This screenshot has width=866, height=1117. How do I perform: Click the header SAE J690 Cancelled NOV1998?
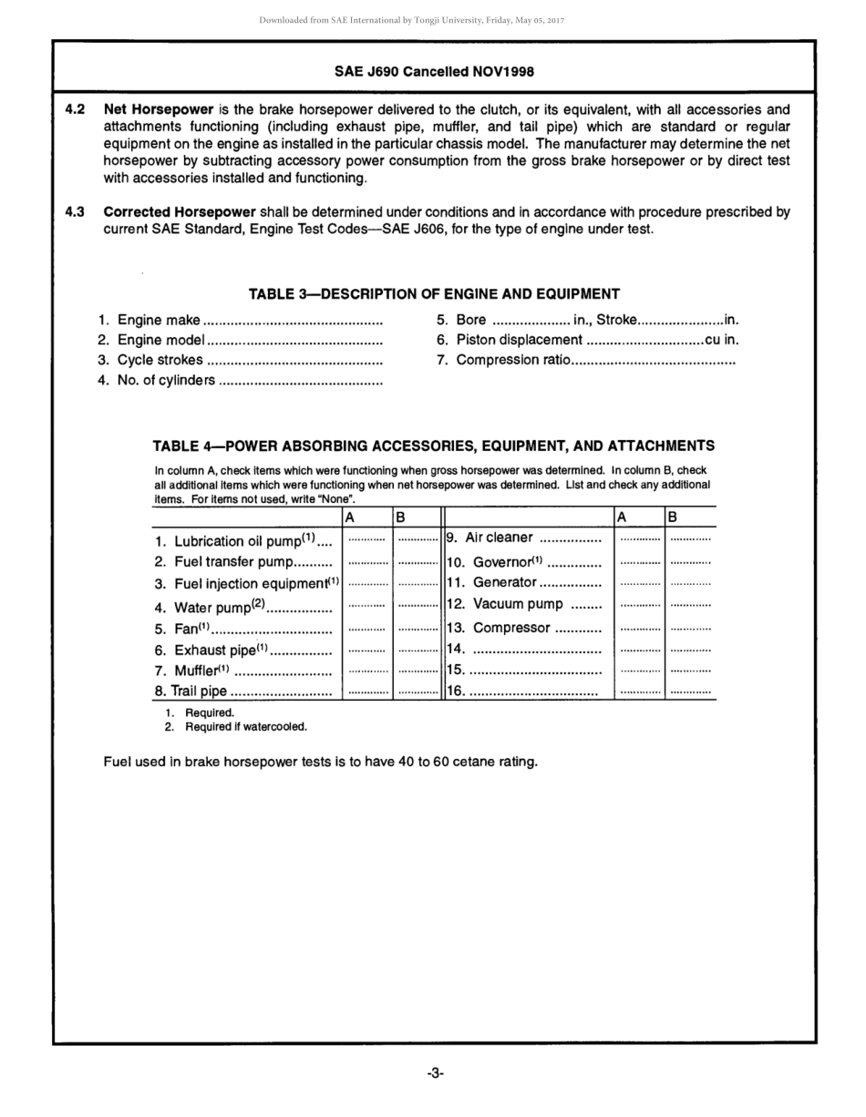tap(434, 71)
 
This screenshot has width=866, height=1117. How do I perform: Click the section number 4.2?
tap(75, 109)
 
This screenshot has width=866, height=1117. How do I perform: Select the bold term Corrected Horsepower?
tap(180, 211)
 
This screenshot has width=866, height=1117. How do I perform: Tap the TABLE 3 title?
tap(434, 293)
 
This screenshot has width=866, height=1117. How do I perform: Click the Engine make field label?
tap(159, 320)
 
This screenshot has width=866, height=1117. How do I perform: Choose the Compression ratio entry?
tap(513, 360)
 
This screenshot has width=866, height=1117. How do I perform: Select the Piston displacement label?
tap(520, 340)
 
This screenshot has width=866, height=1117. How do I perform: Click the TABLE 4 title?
tap(433, 446)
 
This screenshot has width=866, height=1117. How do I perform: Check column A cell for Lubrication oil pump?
tap(366, 539)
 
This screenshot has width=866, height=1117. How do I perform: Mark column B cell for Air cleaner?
tap(690, 539)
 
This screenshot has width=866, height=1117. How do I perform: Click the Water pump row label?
tap(219, 607)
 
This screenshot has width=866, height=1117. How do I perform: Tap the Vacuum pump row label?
tap(518, 604)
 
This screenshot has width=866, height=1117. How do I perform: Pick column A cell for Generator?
tap(639, 582)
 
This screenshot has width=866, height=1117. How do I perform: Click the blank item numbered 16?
tap(523, 692)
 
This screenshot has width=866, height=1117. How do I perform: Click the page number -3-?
tap(435, 1074)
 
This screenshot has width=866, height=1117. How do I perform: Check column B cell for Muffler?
tap(417, 671)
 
